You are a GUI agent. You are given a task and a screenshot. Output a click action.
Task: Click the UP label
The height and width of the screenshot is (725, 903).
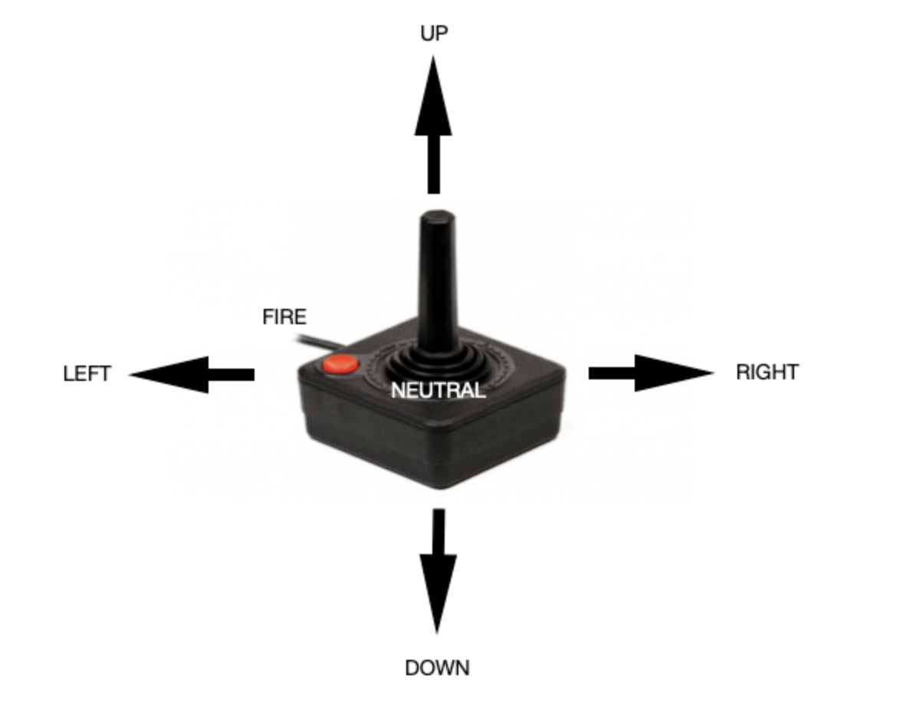coord(434,33)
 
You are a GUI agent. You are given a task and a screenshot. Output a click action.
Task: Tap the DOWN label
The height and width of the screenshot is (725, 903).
coord(437,668)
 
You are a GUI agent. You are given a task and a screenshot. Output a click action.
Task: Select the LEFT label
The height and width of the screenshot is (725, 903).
coord(87,374)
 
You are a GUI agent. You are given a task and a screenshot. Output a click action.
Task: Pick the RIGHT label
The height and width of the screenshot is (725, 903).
coord(767,372)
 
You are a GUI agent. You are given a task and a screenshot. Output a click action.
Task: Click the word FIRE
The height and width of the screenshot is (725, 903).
coord(284,317)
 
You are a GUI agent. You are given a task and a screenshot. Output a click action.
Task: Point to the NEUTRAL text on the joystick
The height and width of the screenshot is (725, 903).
coord(438,391)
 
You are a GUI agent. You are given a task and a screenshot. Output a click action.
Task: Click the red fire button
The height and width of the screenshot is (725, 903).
coord(340,364)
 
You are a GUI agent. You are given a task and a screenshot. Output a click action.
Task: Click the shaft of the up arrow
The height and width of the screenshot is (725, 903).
coord(434,164)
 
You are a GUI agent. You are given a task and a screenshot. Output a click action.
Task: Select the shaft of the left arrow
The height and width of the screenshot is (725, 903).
coord(231,374)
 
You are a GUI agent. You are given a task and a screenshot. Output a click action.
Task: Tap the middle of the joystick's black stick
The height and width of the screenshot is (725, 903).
coord(438,284)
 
